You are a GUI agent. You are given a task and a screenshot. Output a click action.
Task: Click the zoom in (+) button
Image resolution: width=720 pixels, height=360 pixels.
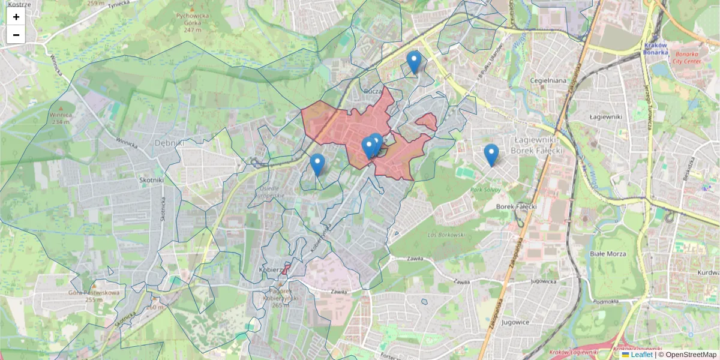16,17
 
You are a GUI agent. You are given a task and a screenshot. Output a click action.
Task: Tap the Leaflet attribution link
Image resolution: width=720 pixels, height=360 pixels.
641,355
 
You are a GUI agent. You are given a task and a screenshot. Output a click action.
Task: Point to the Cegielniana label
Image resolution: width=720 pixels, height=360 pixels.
548,80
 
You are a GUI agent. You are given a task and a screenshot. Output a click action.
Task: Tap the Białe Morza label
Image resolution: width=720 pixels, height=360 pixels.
608,254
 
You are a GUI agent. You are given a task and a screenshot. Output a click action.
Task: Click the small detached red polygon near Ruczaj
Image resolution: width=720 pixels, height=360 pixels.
427,122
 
